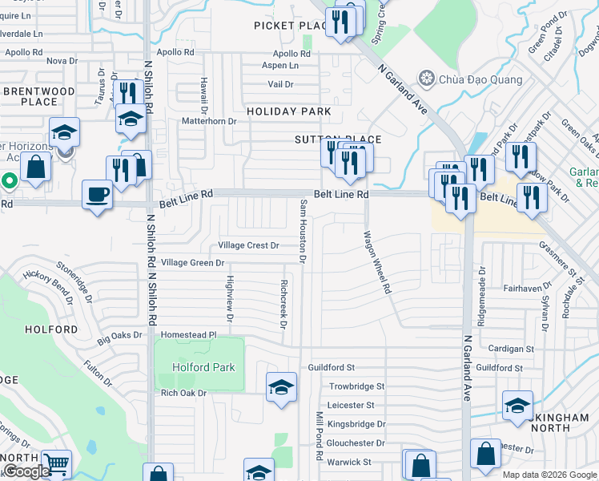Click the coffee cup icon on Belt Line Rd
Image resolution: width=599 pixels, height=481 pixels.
98,195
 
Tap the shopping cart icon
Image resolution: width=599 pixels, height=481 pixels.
55,463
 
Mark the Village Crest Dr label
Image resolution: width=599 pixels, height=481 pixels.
248,245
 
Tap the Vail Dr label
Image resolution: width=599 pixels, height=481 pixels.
280,83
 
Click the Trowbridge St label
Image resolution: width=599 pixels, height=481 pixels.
356,386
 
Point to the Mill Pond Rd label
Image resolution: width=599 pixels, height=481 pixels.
319,436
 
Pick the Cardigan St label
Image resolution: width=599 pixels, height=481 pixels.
511,349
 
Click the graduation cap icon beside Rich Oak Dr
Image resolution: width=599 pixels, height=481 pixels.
281,388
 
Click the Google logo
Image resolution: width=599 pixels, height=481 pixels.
26,471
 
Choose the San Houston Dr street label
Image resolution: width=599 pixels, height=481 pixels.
303,231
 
